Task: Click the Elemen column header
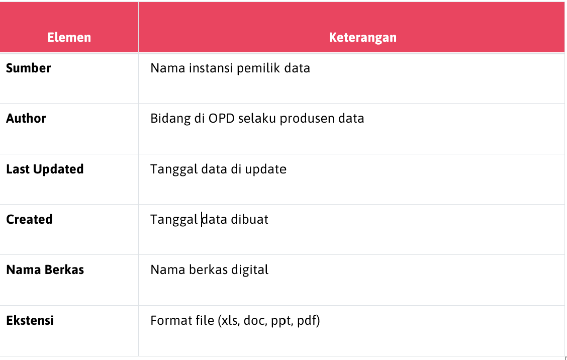[x=69, y=37]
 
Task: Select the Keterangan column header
[x=363, y=37]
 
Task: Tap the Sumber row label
[x=29, y=68]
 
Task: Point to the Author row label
[x=26, y=118]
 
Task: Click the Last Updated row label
[x=45, y=169]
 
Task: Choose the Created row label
[x=29, y=219]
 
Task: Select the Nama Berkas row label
[x=45, y=269]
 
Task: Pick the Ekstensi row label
[x=30, y=320]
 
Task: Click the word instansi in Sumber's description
[x=211, y=68]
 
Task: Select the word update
[x=266, y=169]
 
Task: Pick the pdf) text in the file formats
[x=309, y=321]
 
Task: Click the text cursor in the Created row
[x=202, y=219]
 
